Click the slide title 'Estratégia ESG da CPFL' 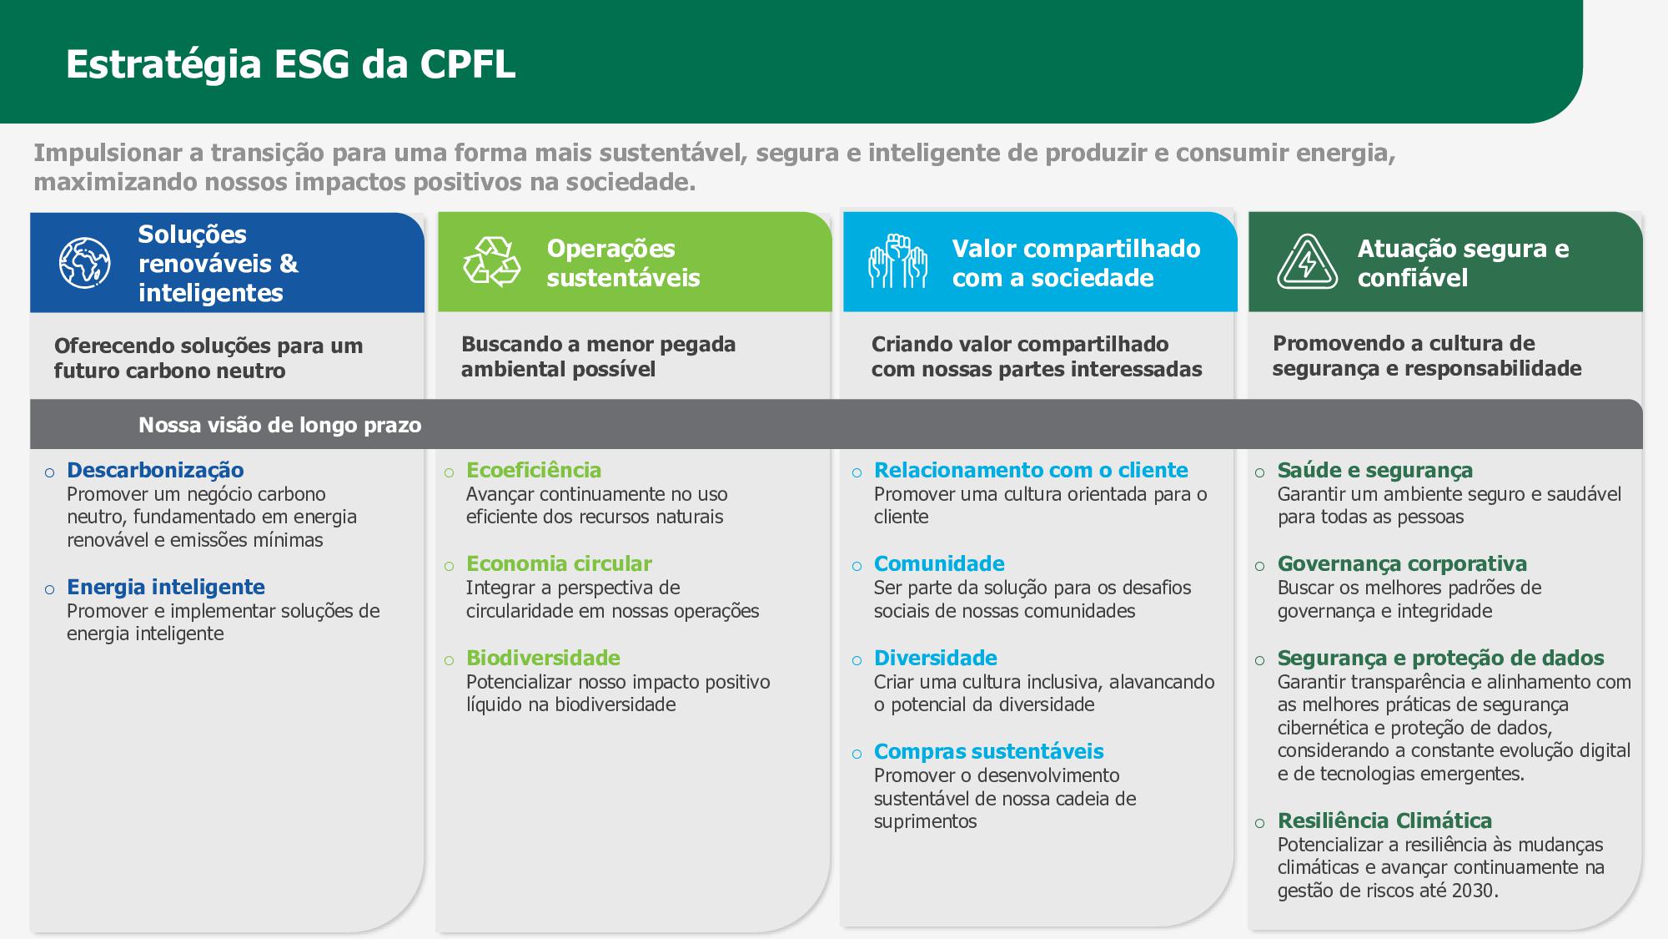(x=290, y=64)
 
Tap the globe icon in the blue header (x=84, y=263)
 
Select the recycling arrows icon (x=492, y=261)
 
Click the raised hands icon (x=897, y=261)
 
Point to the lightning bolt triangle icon (x=1307, y=261)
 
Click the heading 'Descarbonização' (x=155, y=470)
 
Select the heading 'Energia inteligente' (x=166, y=587)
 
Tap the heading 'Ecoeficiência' (x=534, y=470)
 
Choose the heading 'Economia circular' (x=559, y=563)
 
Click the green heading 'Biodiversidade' (x=543, y=658)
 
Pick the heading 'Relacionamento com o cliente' (x=1031, y=470)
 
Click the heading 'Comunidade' (x=939, y=563)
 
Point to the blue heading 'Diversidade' (x=936, y=658)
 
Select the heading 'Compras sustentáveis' (x=989, y=751)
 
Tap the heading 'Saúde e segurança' (x=1375, y=470)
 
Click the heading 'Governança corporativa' (x=1402, y=563)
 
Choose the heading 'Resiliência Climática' (x=1384, y=820)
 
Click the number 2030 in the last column (x=1472, y=891)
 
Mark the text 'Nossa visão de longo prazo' (x=280, y=425)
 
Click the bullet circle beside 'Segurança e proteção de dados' (x=1259, y=661)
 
